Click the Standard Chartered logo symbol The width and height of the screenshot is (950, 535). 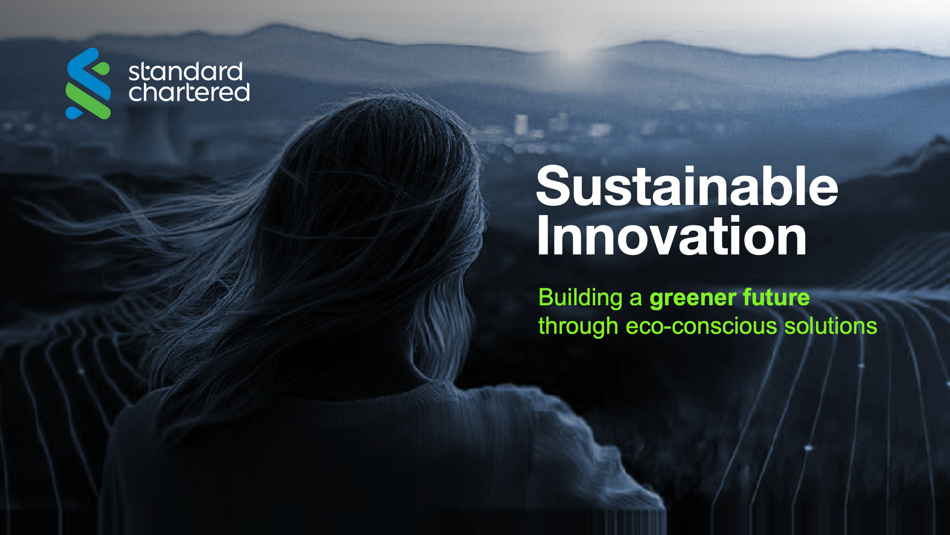pos(88,83)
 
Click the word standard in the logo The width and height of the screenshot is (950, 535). pos(186,72)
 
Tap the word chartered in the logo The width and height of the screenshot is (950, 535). pos(189,92)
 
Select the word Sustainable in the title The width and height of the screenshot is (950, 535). pos(687,186)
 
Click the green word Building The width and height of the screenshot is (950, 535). pos(580,298)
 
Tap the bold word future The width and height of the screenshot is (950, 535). pos(776,297)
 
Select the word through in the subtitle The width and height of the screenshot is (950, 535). pos(578,327)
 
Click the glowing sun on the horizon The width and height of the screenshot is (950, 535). pos(575,52)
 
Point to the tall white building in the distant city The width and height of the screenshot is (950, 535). pos(521,125)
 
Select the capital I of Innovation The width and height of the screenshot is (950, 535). pos(543,235)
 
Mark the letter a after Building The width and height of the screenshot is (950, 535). pos(636,299)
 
